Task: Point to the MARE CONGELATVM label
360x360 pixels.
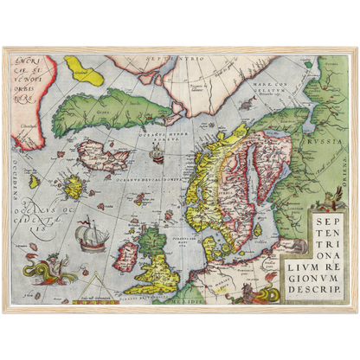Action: tap(257, 84)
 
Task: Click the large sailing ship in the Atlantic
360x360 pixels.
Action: tap(90, 235)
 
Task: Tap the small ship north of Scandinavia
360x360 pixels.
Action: tap(156, 156)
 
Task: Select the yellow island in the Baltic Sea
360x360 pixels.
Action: tap(257, 230)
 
